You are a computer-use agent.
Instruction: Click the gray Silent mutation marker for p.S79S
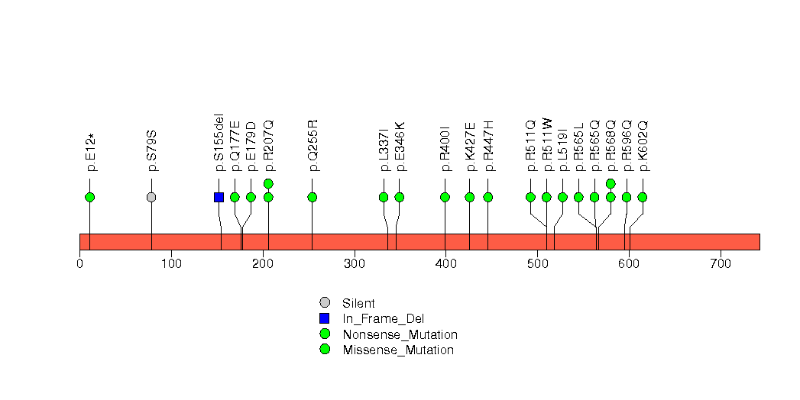pyautogui.click(x=151, y=197)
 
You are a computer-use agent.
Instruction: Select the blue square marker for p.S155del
pyautogui.click(x=219, y=197)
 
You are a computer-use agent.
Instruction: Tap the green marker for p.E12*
pyautogui.click(x=89, y=197)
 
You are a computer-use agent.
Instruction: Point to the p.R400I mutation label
pyautogui.click(x=445, y=148)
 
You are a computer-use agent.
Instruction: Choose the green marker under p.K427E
pyautogui.click(x=469, y=197)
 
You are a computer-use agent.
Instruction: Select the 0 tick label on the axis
pyautogui.click(x=79, y=264)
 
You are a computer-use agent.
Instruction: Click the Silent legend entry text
pyautogui.click(x=358, y=303)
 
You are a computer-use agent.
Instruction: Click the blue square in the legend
pyautogui.click(x=325, y=318)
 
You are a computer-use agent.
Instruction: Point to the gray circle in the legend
pyautogui.click(x=325, y=302)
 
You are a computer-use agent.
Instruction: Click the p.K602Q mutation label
pyautogui.click(x=643, y=145)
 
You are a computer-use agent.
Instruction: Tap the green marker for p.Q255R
pyautogui.click(x=312, y=197)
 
